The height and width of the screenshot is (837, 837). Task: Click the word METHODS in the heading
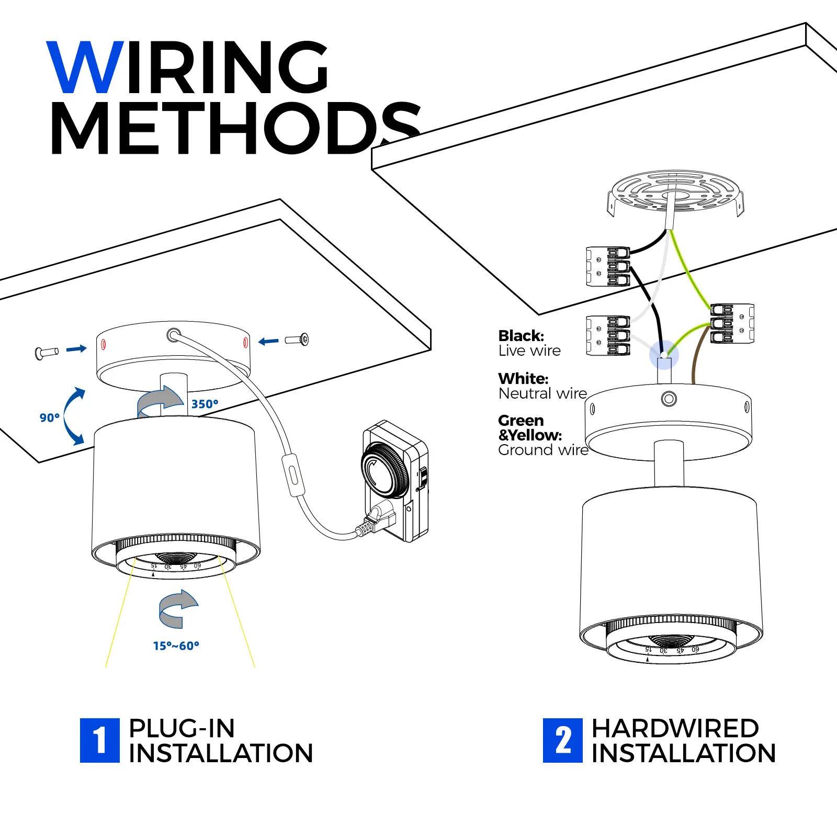(x=235, y=128)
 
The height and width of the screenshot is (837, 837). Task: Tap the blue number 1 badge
(x=99, y=740)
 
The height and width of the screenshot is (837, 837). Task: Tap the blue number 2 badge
(x=562, y=740)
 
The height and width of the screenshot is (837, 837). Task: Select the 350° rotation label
(x=205, y=404)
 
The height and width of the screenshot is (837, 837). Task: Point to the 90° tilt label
(x=50, y=417)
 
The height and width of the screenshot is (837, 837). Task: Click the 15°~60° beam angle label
(x=176, y=646)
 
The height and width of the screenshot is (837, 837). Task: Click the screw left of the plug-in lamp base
(x=46, y=353)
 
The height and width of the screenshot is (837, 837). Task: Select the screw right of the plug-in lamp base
(x=297, y=340)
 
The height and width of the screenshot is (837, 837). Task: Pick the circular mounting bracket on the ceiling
(x=675, y=193)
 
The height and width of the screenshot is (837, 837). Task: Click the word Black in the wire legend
(x=521, y=336)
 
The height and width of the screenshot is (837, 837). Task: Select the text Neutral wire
(x=542, y=393)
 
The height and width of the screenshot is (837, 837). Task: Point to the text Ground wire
(x=543, y=450)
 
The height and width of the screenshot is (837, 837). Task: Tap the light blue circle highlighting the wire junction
(x=664, y=355)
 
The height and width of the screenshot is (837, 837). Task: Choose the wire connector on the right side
(x=732, y=323)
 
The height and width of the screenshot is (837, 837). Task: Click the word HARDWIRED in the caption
(x=675, y=728)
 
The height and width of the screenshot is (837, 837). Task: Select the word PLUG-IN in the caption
(x=182, y=728)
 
